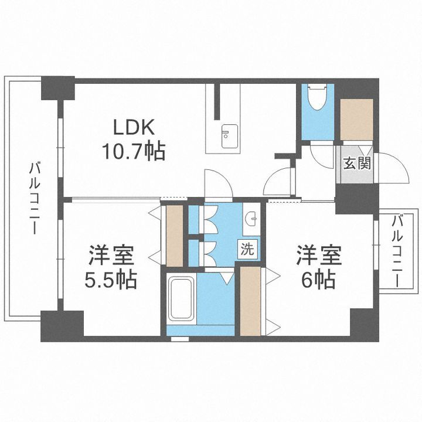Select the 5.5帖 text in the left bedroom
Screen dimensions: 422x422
tap(112, 280)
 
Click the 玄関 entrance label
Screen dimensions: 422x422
tap(357, 164)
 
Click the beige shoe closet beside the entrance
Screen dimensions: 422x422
tap(356, 119)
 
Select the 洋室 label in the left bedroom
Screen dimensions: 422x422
tap(112, 256)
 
